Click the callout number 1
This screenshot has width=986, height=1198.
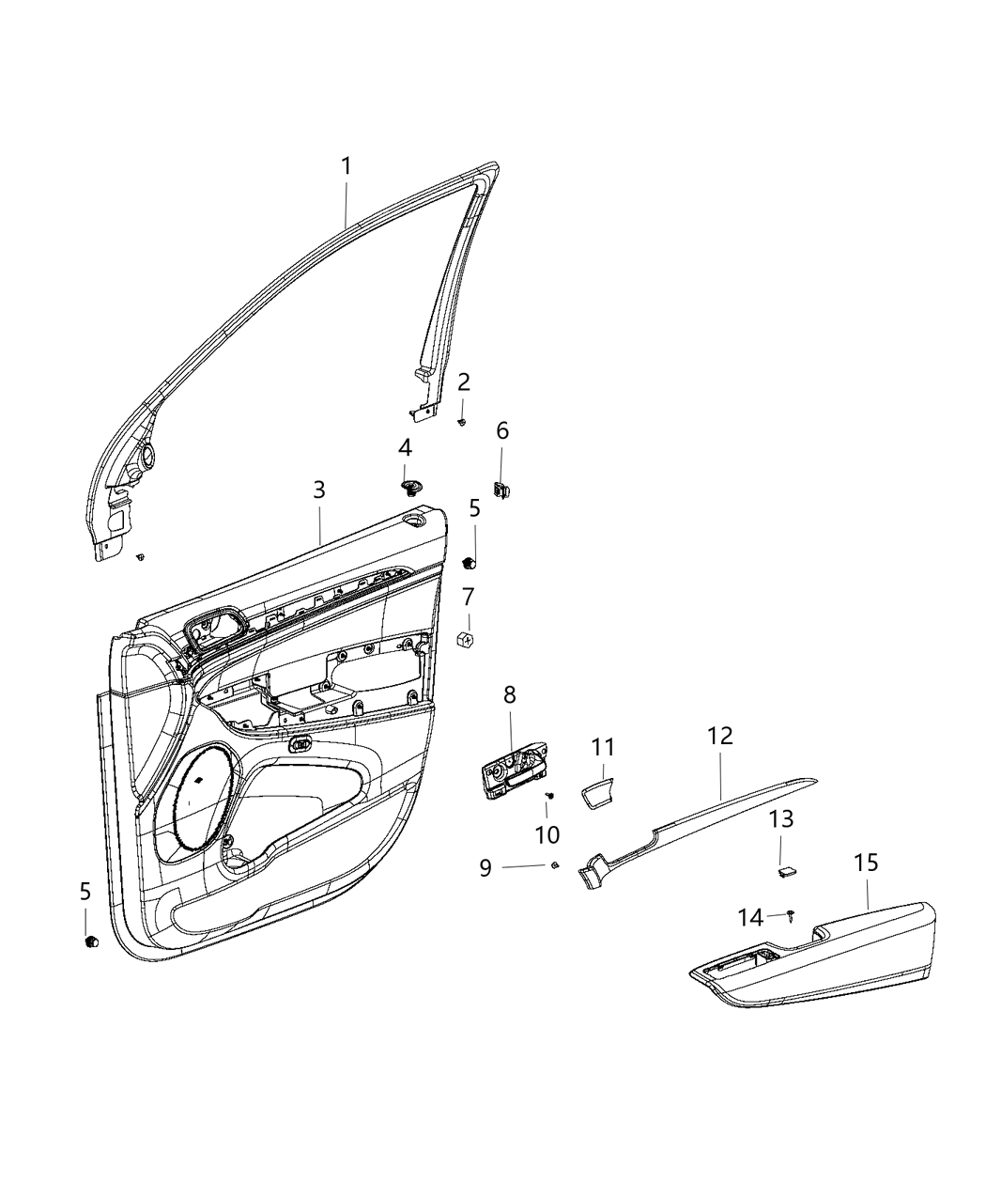point(346,167)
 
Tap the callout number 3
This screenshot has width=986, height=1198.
point(319,490)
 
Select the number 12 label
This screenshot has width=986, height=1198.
point(720,736)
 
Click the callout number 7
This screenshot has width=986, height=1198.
point(468,597)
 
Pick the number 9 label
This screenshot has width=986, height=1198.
point(485,867)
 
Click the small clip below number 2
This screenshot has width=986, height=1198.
point(462,422)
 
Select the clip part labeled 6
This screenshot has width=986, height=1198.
point(502,489)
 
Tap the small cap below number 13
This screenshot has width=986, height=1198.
point(785,871)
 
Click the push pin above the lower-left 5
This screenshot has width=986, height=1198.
point(91,941)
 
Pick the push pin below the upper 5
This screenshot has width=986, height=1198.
point(471,562)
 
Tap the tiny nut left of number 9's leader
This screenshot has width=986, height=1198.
point(556,864)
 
